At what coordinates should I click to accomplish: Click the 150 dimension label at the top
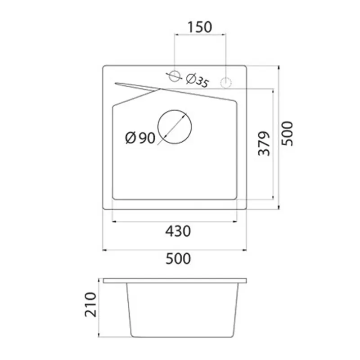[200, 27]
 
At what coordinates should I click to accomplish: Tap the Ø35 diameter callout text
[198, 81]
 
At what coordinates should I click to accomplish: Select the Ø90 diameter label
[140, 138]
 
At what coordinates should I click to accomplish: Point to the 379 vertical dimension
[264, 144]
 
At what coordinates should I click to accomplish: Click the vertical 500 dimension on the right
[287, 134]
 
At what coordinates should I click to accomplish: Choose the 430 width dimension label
[178, 231]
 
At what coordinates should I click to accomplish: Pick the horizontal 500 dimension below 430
[178, 258]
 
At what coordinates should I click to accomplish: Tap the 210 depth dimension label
[90, 305]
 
